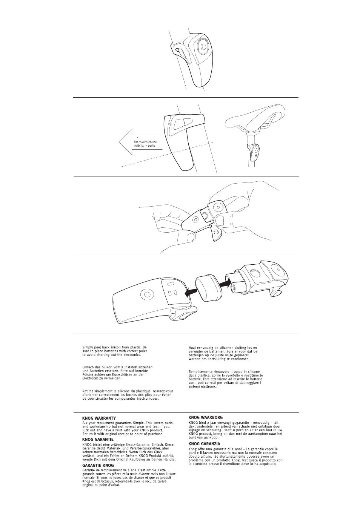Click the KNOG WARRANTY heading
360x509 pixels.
pyautogui.click(x=99, y=418)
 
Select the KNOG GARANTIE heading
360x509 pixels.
pyautogui.click(x=98, y=440)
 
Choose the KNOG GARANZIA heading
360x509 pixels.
pyautogui.click(x=205, y=444)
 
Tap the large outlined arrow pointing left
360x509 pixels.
pyautogui.click(x=140, y=141)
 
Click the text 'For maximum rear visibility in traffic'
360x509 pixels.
pyautogui.click(x=146, y=144)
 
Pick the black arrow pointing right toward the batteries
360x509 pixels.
pyautogui.click(x=226, y=284)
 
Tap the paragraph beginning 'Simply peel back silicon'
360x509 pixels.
pyautogui.click(x=115, y=351)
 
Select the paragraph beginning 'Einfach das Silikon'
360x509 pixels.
pyautogui.click(x=117, y=373)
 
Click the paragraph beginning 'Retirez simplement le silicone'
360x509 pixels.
pyautogui.click(x=128, y=395)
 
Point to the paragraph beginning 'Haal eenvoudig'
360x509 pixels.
pyautogui.click(x=223, y=353)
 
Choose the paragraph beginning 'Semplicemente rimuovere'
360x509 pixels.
pyautogui.click(x=226, y=379)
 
